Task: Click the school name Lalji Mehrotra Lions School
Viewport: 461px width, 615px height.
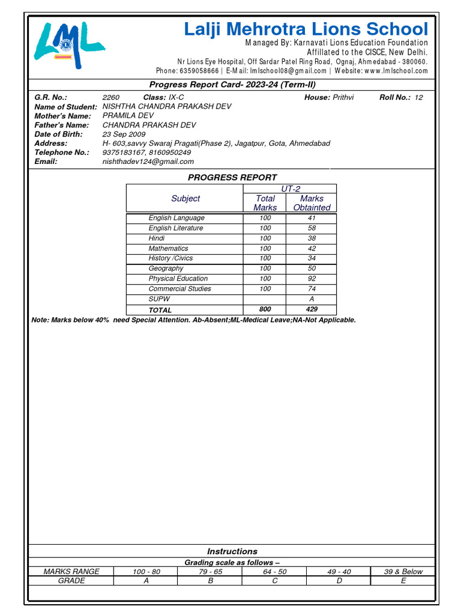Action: (x=306, y=29)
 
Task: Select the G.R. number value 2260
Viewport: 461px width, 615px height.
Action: (x=111, y=97)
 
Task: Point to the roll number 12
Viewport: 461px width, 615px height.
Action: (x=418, y=97)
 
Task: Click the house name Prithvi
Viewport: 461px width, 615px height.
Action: (x=343, y=97)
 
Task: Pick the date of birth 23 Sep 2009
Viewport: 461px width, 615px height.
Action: (x=124, y=135)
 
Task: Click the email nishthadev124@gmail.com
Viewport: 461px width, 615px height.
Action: (x=148, y=162)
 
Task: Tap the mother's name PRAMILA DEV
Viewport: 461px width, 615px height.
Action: (x=128, y=116)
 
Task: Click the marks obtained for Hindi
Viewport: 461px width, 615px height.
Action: (x=312, y=238)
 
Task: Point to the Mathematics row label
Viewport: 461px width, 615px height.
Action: (x=168, y=249)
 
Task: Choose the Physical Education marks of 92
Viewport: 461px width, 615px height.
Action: (x=312, y=279)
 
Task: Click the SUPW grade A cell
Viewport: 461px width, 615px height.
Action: (x=312, y=299)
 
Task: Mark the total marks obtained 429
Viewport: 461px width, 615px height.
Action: (x=312, y=309)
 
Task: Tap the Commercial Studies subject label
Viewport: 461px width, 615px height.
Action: (x=179, y=289)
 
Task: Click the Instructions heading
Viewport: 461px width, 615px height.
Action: (x=232, y=551)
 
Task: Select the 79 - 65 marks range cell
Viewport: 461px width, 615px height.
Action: (x=209, y=572)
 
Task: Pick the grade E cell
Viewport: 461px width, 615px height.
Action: (x=403, y=581)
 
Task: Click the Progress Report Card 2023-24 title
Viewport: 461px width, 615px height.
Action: (x=232, y=85)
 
